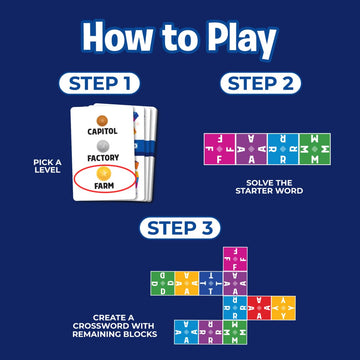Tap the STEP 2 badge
coord(257,82)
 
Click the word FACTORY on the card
coord(103,157)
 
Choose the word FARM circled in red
coord(103,185)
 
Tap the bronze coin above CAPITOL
coord(103,116)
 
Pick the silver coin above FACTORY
coord(103,144)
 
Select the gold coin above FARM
coord(103,172)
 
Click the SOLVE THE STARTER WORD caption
coord(257,186)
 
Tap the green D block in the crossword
coord(159,283)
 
